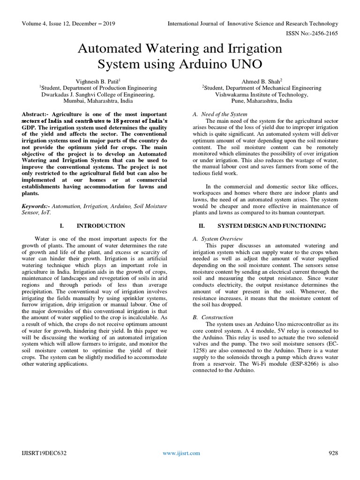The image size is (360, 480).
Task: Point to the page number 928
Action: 333,453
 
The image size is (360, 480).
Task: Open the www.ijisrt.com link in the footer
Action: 181,453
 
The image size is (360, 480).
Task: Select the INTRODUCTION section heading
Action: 101,225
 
